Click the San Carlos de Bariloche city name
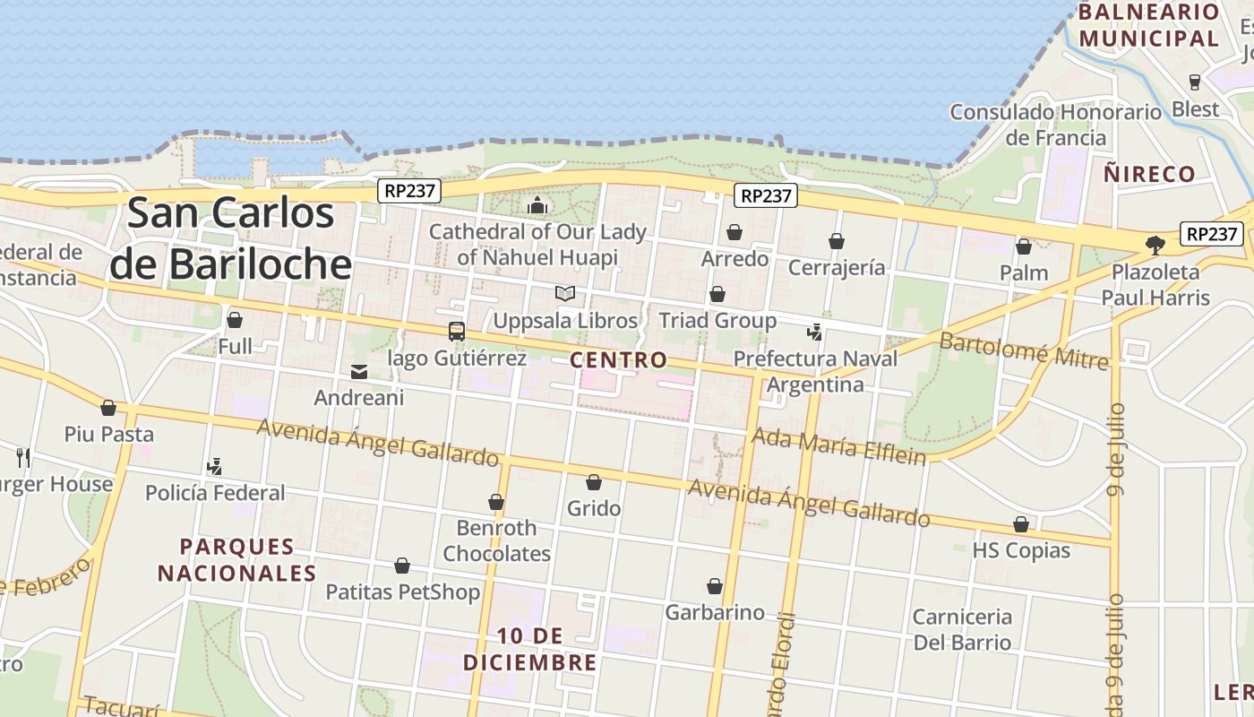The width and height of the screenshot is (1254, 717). pyautogui.click(x=230, y=238)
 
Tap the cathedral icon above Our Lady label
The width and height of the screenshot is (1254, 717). pyautogui.click(x=537, y=206)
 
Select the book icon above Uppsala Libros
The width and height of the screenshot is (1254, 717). pyautogui.click(x=564, y=293)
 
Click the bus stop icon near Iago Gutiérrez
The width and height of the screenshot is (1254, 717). pyautogui.click(x=457, y=331)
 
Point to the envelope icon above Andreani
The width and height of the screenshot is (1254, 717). pyautogui.click(x=359, y=372)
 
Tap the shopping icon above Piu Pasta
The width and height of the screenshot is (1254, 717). pyautogui.click(x=108, y=409)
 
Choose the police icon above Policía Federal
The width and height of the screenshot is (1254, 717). pyautogui.click(x=214, y=466)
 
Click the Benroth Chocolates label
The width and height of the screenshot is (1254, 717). pyautogui.click(x=496, y=540)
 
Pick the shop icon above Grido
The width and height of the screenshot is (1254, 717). pyautogui.click(x=593, y=482)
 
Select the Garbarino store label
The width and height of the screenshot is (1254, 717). pyautogui.click(x=715, y=613)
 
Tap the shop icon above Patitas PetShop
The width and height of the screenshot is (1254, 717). pyautogui.click(x=402, y=566)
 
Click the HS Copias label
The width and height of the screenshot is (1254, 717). pyautogui.click(x=1021, y=550)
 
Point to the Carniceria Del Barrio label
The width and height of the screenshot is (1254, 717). pyautogui.click(x=962, y=629)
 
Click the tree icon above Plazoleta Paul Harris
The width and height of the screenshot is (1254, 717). pyautogui.click(x=1155, y=245)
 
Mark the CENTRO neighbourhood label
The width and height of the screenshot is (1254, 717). pyautogui.click(x=619, y=360)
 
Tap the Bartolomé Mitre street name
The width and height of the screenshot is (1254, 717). pyautogui.click(x=1024, y=350)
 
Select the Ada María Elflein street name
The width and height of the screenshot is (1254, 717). pyautogui.click(x=838, y=445)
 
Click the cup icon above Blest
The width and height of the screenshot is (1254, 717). pyautogui.click(x=1194, y=82)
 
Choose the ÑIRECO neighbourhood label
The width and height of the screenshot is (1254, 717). pyautogui.click(x=1149, y=174)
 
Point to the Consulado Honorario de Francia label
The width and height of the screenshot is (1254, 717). pyautogui.click(x=1055, y=125)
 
